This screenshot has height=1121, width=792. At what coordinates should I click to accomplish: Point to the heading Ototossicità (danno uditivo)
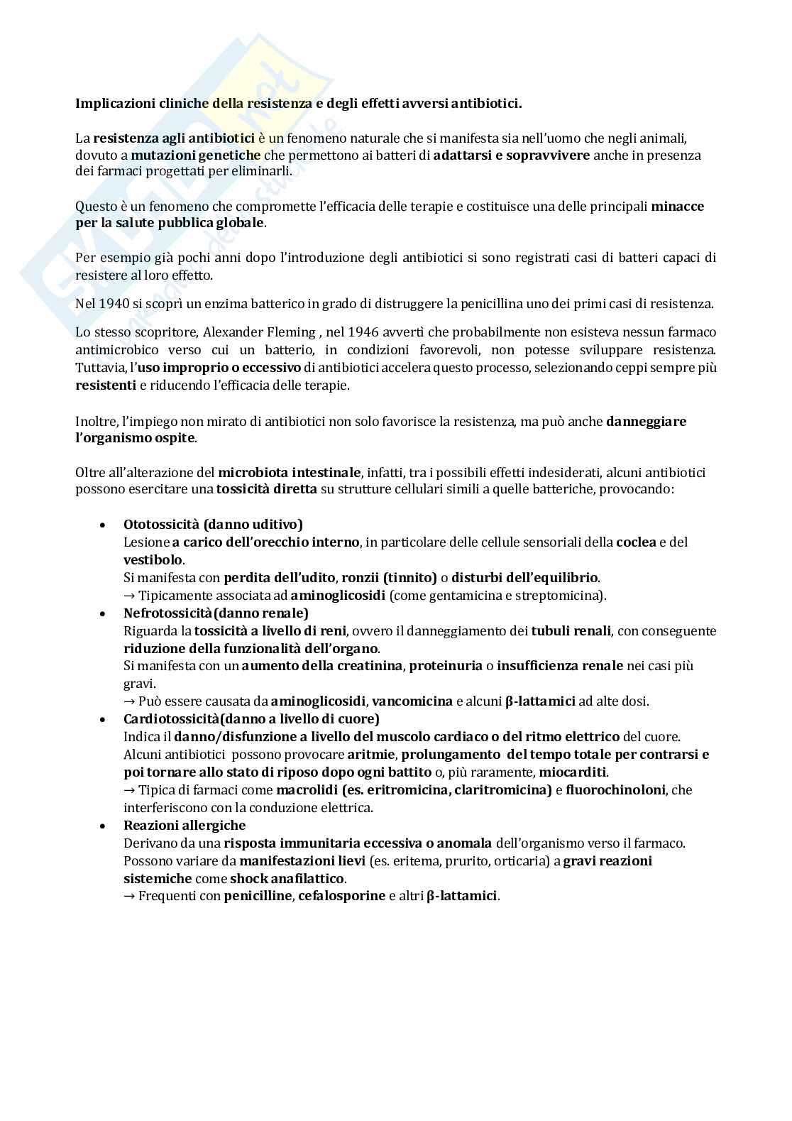[x=213, y=525]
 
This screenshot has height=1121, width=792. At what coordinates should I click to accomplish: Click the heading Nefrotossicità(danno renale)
[x=216, y=613]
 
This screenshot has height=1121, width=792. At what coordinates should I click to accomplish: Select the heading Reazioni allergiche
[x=185, y=826]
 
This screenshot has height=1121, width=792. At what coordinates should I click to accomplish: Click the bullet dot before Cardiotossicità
[x=104, y=720]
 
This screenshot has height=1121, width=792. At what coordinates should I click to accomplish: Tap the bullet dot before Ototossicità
[x=104, y=525]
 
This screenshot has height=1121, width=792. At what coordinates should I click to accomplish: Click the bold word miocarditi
[x=573, y=772]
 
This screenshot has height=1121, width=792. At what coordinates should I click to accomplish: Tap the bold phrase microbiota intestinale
[x=290, y=473]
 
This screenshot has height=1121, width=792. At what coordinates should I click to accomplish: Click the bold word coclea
[x=636, y=542]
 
